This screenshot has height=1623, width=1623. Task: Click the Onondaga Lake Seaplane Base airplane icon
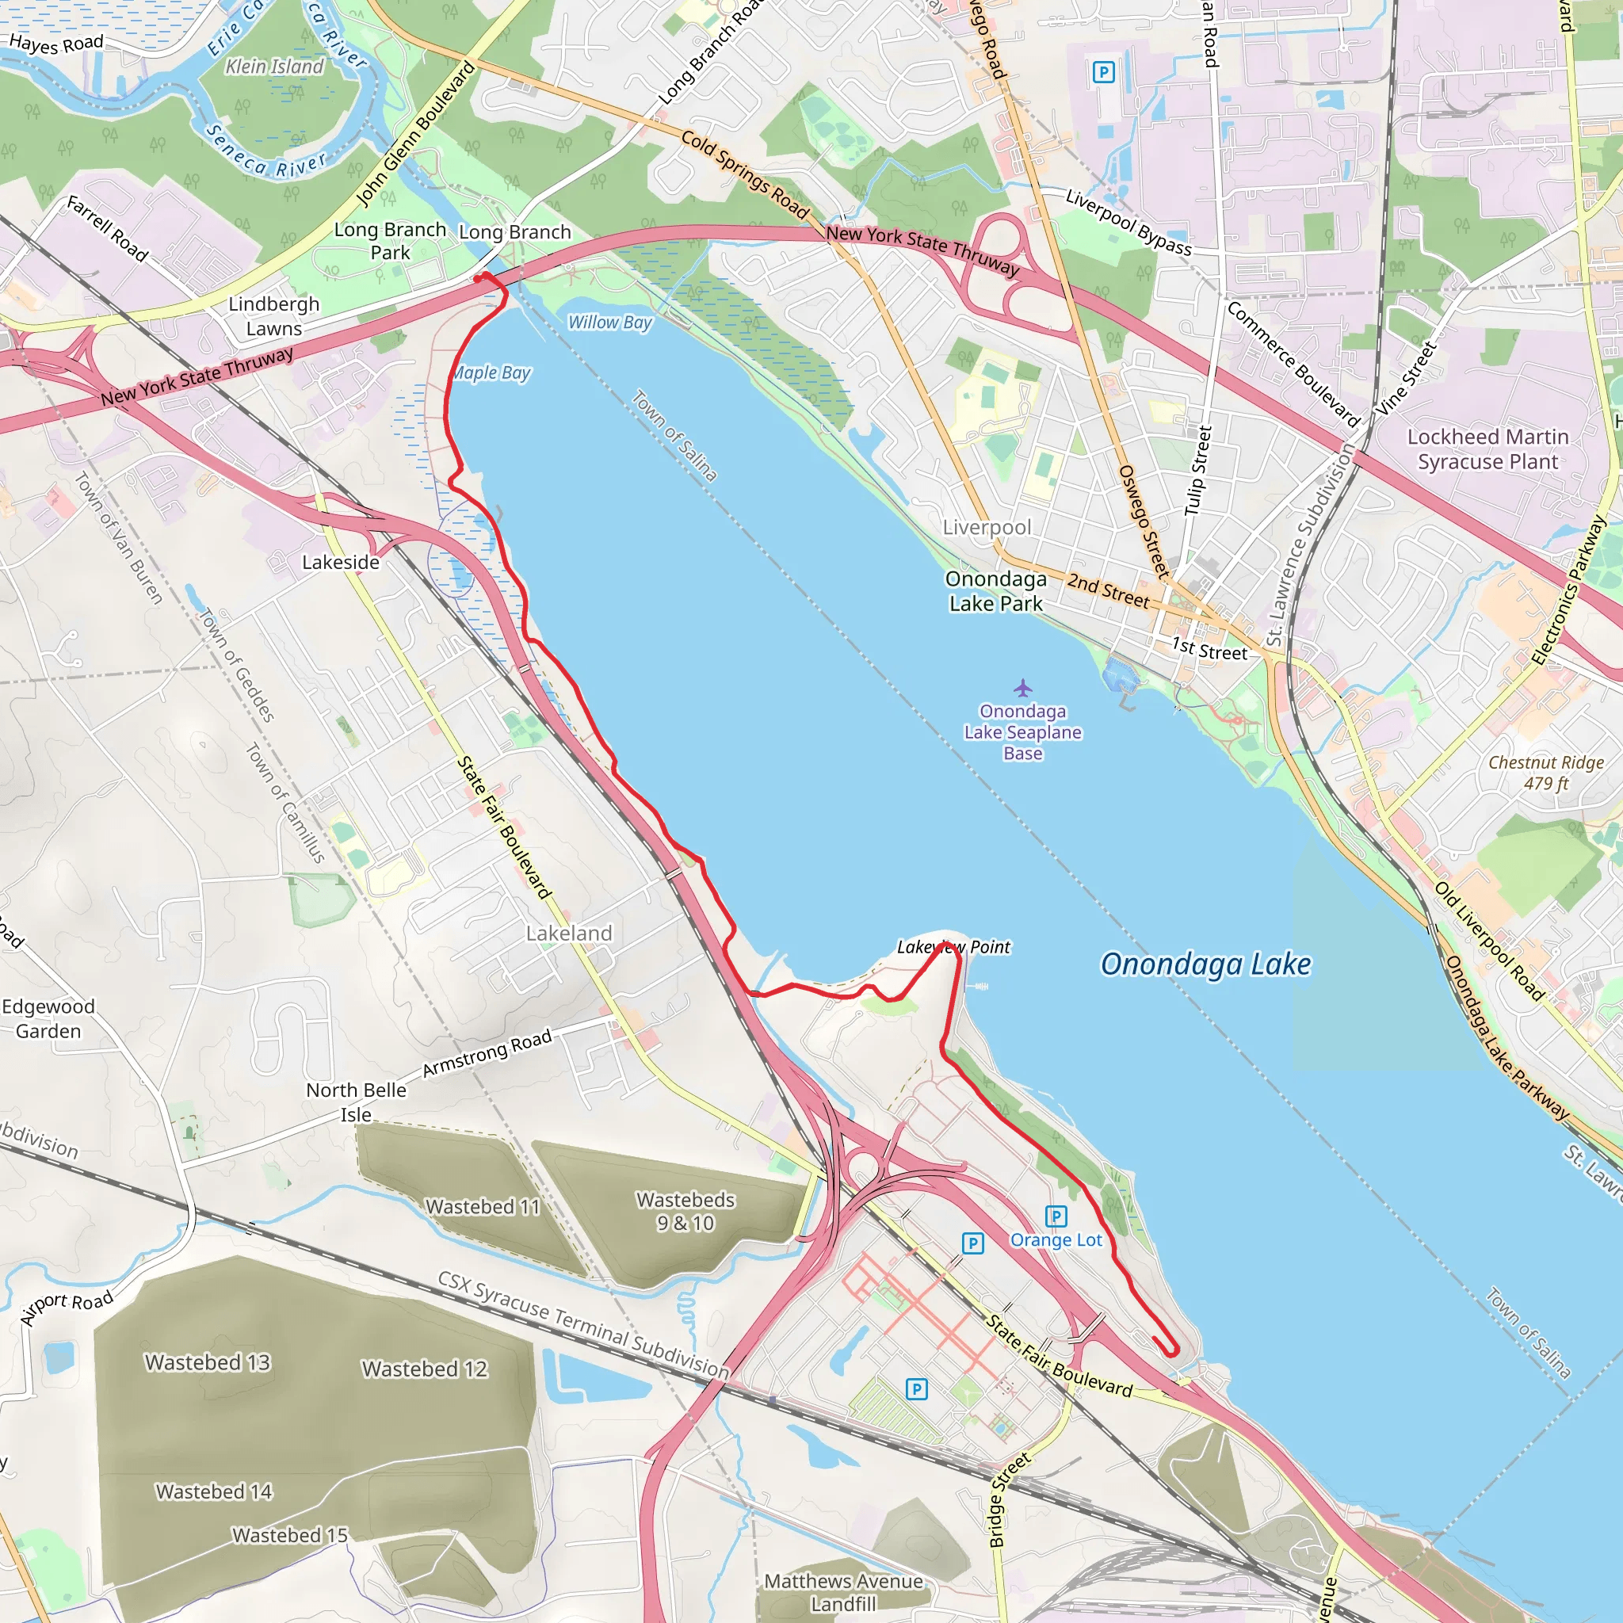(1022, 688)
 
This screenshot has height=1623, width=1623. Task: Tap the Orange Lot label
(1056, 1240)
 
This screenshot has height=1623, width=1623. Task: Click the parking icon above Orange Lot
(1056, 1216)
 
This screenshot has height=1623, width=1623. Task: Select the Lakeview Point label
(953, 947)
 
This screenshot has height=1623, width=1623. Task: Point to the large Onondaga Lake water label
(1205, 964)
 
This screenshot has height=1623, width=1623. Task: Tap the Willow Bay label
(610, 323)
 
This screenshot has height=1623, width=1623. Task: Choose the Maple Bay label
(492, 373)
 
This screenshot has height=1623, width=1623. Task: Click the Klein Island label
(274, 67)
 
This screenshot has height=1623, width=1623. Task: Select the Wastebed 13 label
(208, 1361)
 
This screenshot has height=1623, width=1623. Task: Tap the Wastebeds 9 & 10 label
(685, 1211)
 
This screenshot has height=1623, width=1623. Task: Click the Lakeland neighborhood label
(569, 934)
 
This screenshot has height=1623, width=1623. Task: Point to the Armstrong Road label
(487, 1052)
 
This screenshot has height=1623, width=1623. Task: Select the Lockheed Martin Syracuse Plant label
(1487, 449)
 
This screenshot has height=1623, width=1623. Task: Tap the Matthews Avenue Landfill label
(843, 1592)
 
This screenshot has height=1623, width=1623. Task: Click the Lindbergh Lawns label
(274, 316)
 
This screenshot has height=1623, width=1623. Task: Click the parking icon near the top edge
(1104, 72)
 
